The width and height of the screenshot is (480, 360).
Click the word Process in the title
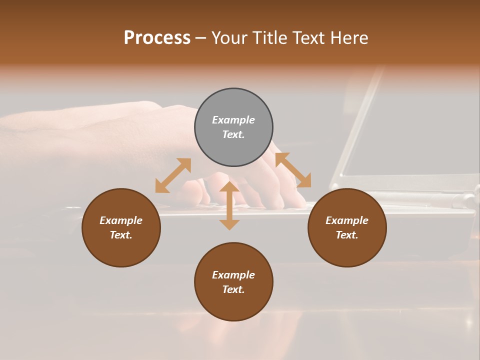[x=157, y=38]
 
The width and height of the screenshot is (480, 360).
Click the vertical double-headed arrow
[x=229, y=205]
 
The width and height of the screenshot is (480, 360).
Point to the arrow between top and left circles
[x=173, y=175]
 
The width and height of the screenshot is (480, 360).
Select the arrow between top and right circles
[x=293, y=170]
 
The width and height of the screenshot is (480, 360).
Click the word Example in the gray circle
[x=233, y=120]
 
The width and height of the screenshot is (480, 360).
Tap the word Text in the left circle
[x=121, y=235]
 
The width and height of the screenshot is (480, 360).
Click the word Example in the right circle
[x=347, y=220]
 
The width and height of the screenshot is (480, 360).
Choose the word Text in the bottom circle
[x=233, y=289]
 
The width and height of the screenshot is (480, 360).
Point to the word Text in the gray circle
[x=233, y=134]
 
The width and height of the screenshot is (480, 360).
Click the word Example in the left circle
[x=121, y=220]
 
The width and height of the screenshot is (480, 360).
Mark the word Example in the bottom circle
[x=233, y=275]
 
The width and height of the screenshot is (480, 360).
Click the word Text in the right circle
[x=347, y=235]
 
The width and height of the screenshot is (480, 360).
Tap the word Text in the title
[x=307, y=38]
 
